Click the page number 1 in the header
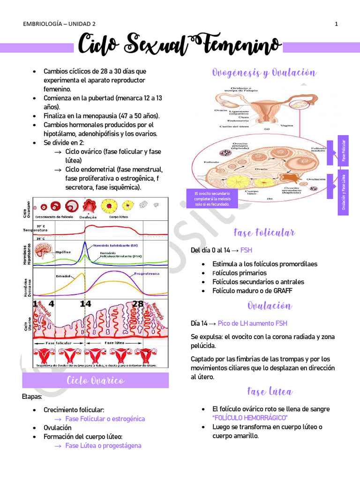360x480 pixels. point(337,24)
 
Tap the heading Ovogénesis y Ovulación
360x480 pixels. point(264,73)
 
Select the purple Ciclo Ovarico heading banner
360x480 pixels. point(96,380)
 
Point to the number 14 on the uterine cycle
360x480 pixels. point(85,304)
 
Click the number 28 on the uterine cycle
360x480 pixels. point(138,304)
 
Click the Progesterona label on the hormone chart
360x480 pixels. point(146,273)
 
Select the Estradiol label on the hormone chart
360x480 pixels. point(63,276)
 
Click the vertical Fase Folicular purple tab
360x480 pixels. point(344,150)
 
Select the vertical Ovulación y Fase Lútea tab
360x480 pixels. point(344,193)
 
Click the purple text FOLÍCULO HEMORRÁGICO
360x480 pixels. point(250,417)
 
